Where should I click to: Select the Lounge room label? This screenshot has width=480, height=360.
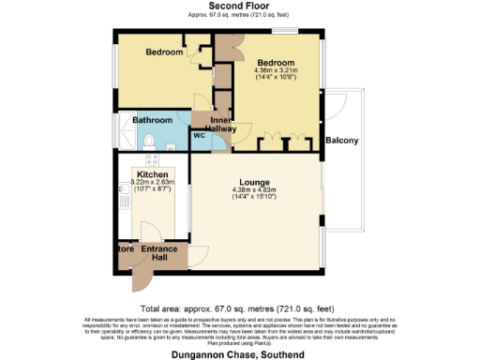(x=254, y=181)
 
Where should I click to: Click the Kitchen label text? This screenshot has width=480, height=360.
(x=152, y=174)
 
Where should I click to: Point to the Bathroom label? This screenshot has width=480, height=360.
(x=152, y=121)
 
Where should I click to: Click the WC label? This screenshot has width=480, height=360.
(x=200, y=136)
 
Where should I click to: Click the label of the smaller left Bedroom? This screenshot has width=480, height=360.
(x=163, y=52)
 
